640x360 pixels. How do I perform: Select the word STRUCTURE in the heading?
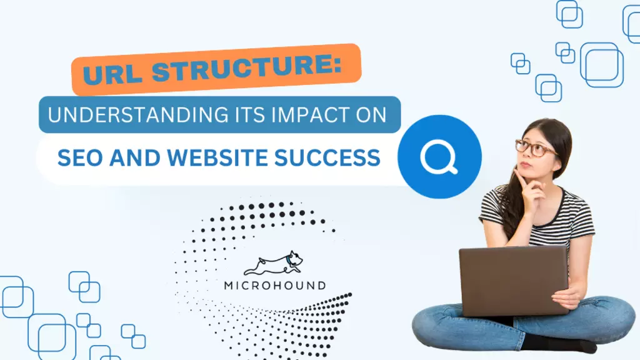(241, 67)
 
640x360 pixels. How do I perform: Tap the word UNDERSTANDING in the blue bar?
(138, 115)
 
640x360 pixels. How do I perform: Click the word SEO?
(79, 158)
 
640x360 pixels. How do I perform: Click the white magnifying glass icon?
(439, 157)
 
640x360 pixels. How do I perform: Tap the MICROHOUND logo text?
(275, 285)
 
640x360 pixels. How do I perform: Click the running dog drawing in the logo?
(274, 263)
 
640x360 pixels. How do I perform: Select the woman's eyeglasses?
(535, 148)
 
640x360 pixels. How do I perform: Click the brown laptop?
(514, 281)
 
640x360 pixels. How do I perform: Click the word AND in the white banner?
(135, 158)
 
